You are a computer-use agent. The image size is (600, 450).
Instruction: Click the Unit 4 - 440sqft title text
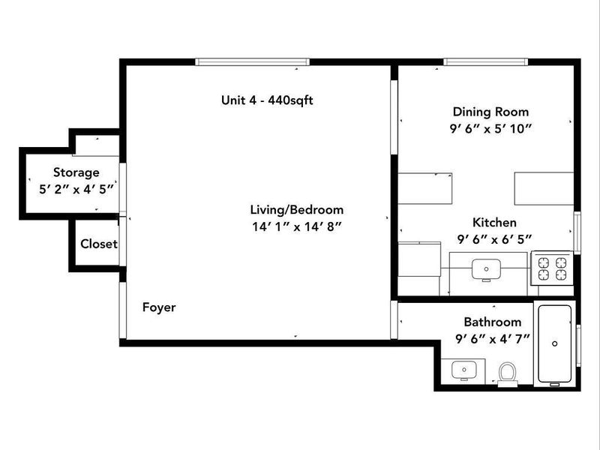(267, 100)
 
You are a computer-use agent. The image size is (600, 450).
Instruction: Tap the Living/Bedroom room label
(297, 210)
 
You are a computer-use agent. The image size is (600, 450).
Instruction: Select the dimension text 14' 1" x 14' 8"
(297, 226)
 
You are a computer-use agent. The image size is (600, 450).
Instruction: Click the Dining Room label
(490, 112)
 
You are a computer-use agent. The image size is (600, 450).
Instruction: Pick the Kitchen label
(494, 223)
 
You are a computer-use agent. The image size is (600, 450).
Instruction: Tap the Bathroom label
(492, 321)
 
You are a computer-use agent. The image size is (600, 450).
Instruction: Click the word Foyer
(159, 307)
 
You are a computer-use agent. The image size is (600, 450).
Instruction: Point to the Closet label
(99, 244)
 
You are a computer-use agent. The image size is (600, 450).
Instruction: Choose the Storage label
(76, 172)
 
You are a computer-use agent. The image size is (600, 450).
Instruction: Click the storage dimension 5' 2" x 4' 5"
(76, 189)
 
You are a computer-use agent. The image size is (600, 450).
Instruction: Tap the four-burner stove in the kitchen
(552, 268)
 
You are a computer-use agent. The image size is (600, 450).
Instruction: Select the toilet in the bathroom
(508, 373)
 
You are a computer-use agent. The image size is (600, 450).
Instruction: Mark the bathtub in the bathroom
(555, 343)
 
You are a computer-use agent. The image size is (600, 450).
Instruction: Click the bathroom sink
(463, 369)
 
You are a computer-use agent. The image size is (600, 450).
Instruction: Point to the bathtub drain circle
(555, 343)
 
